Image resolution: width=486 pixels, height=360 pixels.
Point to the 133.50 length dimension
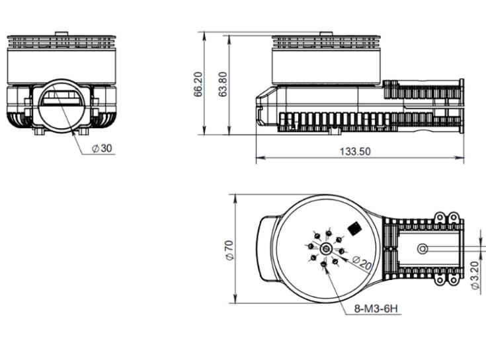tap(355, 151)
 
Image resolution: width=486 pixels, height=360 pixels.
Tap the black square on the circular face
tap(355, 228)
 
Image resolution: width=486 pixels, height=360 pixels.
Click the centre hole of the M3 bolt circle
tap(327, 248)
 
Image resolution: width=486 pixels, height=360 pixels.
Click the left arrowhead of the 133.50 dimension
tap(259, 158)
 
